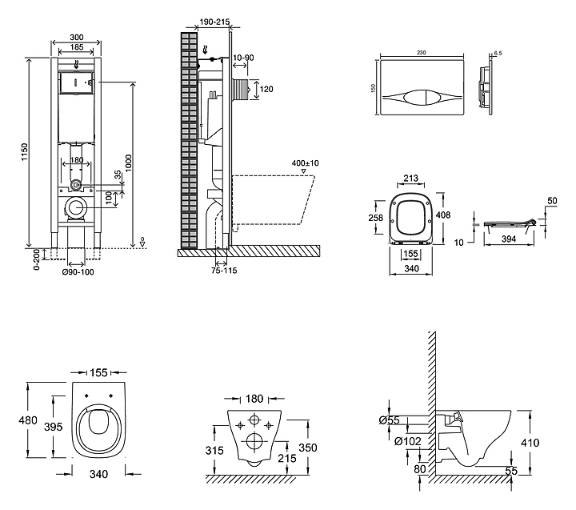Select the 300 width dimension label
[75, 38]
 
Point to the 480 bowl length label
[29, 419]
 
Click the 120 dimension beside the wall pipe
[267, 90]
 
